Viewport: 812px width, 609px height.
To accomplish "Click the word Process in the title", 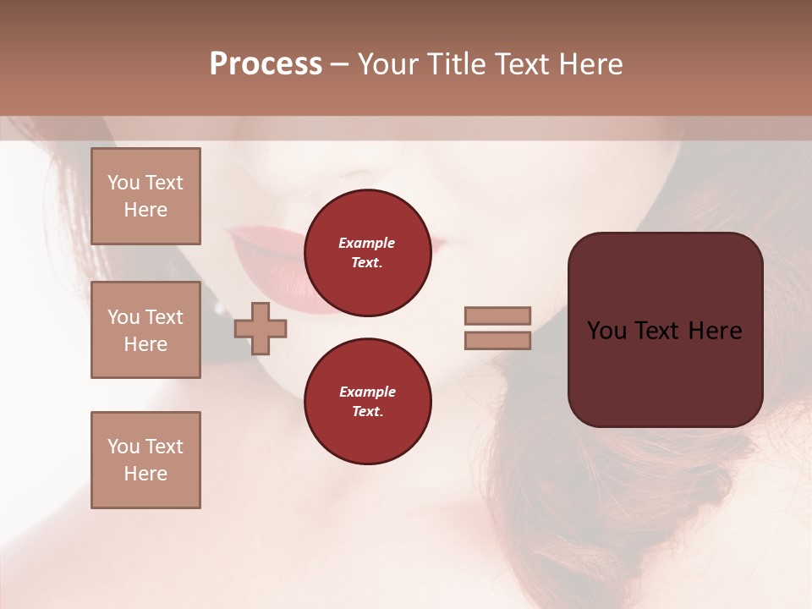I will (266, 64).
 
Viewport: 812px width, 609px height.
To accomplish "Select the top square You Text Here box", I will (145, 196).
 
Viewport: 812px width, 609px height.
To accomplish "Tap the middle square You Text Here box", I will (145, 330).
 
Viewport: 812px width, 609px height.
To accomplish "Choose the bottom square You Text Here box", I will (145, 459).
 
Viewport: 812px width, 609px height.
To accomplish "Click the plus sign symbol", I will (261, 329).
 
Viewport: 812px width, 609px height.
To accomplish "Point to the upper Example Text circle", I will (367, 253).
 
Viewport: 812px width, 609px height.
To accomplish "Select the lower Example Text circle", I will (367, 402).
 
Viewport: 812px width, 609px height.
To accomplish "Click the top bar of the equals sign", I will (498, 316).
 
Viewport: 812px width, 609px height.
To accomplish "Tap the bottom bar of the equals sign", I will (498, 341).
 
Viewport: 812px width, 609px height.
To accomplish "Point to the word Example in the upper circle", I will (367, 243).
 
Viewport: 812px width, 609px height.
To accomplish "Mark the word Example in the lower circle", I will (367, 392).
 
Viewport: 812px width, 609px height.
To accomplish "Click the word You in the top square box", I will (123, 183).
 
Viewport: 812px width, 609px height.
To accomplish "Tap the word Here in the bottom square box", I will (145, 474).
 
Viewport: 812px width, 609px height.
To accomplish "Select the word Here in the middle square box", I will (145, 344).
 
